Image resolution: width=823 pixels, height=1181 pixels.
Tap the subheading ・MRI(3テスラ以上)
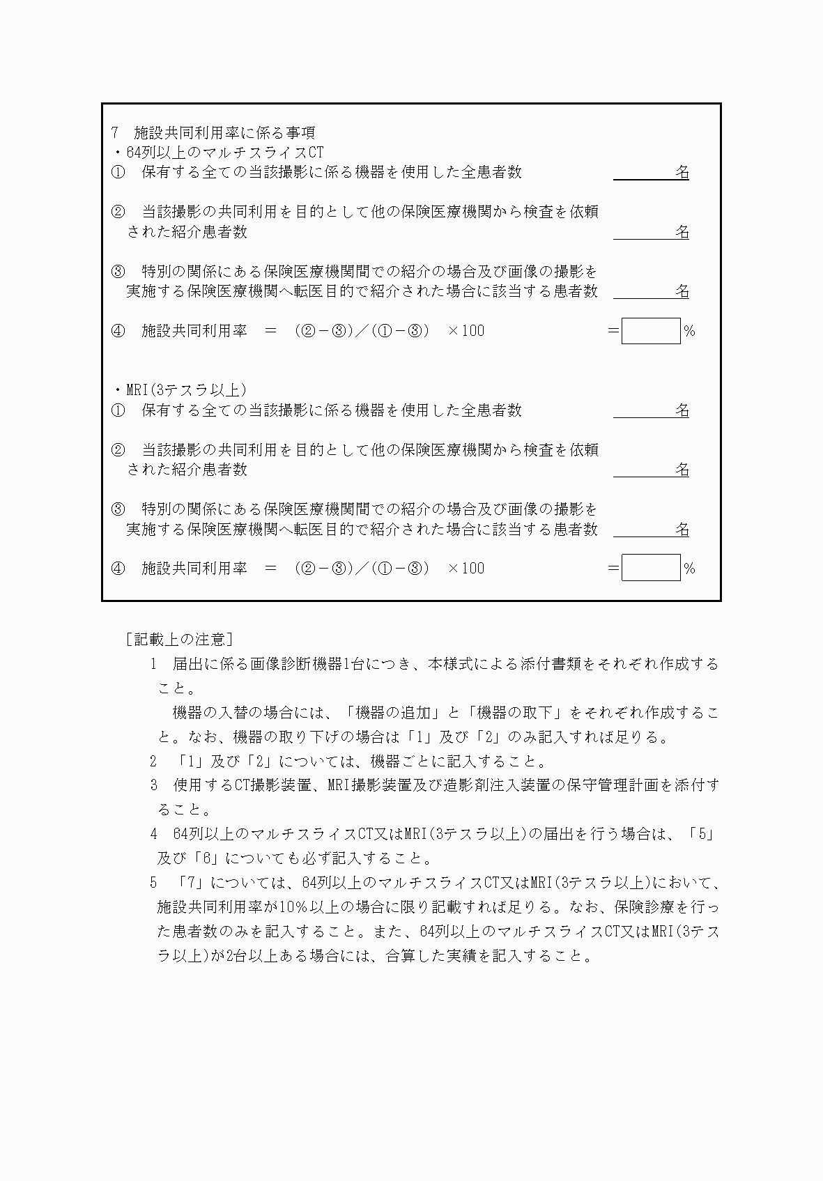click(180, 390)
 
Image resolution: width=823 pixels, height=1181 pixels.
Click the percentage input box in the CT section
click(650, 331)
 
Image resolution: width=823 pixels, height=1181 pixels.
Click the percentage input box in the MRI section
click(650, 568)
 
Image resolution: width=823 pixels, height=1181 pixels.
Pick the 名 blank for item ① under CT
click(651, 172)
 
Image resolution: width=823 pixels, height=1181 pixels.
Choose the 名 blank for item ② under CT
click(651, 232)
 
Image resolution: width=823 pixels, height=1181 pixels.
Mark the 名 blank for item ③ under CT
click(651, 291)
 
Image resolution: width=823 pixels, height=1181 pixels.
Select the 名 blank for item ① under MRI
click(651, 410)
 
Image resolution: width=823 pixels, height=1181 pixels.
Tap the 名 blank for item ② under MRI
click(651, 470)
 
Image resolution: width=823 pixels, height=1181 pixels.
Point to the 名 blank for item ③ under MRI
click(651, 530)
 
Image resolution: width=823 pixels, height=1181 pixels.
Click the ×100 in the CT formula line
click(466, 331)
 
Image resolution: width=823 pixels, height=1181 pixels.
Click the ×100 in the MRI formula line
click(466, 569)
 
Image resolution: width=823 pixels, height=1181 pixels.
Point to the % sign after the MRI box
click(689, 569)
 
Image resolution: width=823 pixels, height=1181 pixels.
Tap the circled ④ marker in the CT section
click(118, 331)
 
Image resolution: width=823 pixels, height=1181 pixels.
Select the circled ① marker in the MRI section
click(118, 410)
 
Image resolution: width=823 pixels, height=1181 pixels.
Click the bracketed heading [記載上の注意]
click(179, 639)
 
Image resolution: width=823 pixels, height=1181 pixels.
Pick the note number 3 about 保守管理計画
click(154, 785)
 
